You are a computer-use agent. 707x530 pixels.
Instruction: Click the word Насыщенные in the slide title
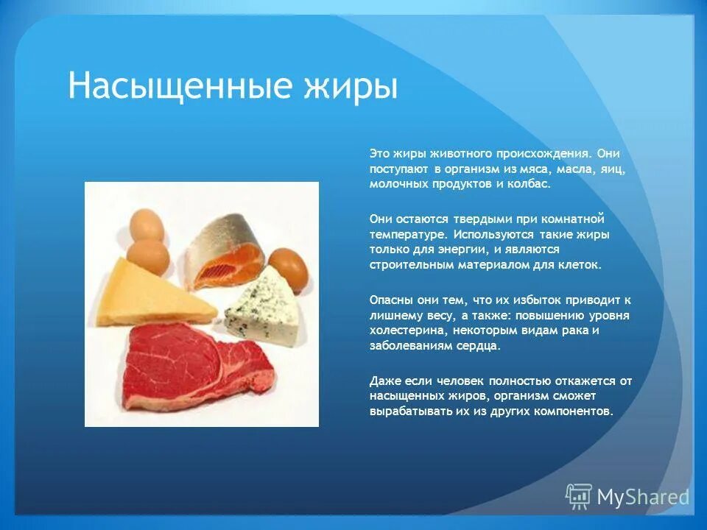click(174, 87)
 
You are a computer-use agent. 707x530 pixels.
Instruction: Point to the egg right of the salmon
click(288, 268)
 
